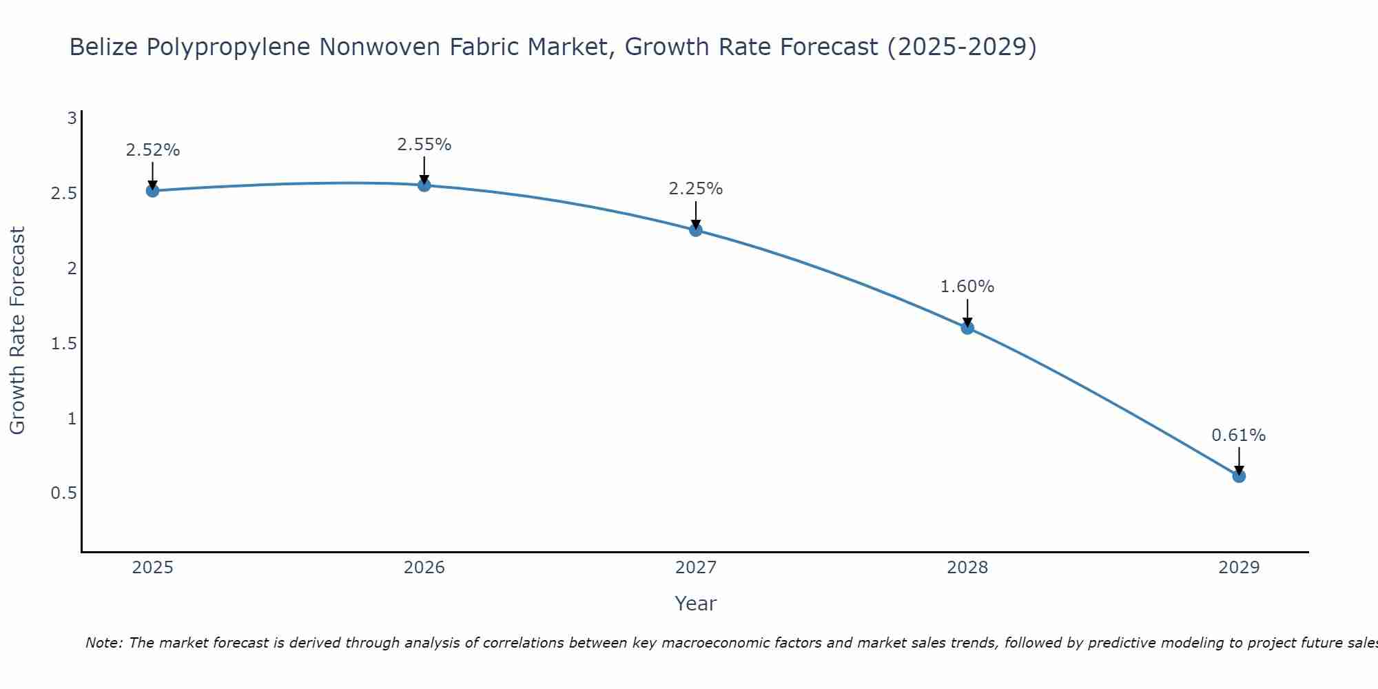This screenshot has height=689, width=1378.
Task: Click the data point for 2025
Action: (152, 191)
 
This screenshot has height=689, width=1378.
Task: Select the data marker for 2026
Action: (424, 185)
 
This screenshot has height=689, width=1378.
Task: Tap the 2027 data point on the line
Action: (696, 230)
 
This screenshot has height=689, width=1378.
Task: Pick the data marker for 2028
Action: (967, 328)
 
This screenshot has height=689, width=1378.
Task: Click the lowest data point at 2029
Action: (1239, 476)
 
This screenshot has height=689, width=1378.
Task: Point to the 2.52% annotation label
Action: (152, 150)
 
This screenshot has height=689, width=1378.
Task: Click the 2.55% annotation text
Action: (424, 145)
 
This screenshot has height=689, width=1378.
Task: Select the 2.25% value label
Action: (696, 189)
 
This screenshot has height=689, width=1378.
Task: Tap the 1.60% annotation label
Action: (967, 287)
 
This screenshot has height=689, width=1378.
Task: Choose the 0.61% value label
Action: (1239, 435)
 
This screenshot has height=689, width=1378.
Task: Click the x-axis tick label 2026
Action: (424, 568)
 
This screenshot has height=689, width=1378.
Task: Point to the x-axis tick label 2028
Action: (967, 568)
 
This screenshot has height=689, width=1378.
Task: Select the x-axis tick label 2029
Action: (1239, 568)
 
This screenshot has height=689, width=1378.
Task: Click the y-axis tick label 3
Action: (72, 119)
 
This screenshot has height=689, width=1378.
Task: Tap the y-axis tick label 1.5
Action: (63, 344)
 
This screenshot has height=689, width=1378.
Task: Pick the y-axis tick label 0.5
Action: (63, 494)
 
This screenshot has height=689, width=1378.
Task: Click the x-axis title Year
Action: (696, 604)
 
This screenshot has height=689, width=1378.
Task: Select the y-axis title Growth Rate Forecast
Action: (17, 331)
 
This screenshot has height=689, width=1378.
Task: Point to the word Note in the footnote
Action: (103, 644)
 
